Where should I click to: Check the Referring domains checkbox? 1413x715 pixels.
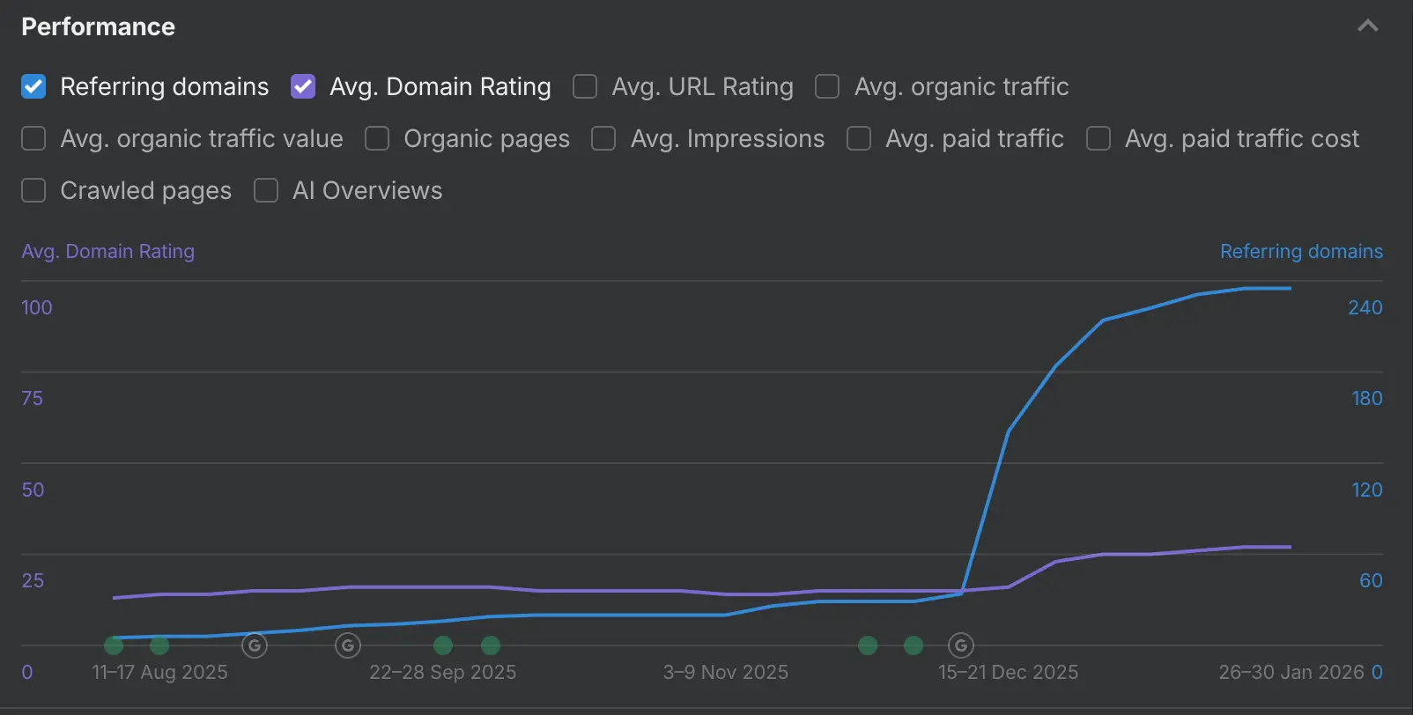(x=33, y=86)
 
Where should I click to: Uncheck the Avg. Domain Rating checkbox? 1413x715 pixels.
(x=303, y=86)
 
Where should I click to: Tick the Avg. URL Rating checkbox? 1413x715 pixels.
(x=585, y=86)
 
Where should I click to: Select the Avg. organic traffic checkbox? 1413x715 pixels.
(x=827, y=86)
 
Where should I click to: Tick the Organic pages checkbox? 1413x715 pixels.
(x=377, y=138)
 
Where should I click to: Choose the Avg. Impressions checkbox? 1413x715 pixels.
(x=603, y=138)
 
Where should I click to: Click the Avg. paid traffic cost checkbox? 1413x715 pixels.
(x=1099, y=138)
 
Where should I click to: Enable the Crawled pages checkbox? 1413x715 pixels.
(x=33, y=190)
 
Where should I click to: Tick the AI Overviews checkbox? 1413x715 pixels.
(x=266, y=190)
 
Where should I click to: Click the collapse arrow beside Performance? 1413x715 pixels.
(x=1367, y=26)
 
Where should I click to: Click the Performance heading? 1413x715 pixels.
(x=98, y=26)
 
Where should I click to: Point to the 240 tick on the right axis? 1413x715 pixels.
(x=1365, y=307)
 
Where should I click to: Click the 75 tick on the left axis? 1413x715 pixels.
(x=32, y=398)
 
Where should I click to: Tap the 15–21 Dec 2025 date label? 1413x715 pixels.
(x=1008, y=672)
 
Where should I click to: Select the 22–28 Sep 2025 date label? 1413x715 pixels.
(x=442, y=672)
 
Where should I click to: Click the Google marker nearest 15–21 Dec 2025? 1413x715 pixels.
(x=961, y=645)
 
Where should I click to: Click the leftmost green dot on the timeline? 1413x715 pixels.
(x=114, y=645)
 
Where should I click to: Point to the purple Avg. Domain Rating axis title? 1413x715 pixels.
(x=107, y=251)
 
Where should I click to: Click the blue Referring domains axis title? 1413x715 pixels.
(x=1300, y=251)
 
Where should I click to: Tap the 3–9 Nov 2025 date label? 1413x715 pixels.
(x=725, y=672)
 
